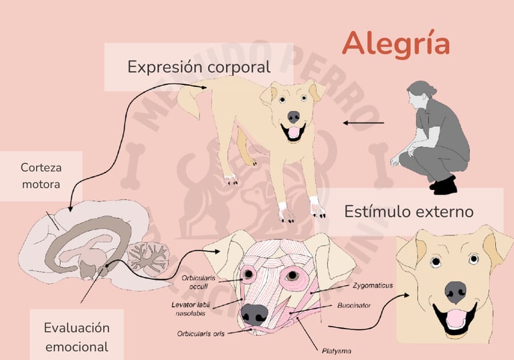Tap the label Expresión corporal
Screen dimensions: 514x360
[199, 67]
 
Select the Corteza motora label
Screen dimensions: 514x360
[41, 175]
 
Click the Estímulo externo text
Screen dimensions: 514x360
[409, 211]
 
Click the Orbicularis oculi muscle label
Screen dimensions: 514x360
[199, 281]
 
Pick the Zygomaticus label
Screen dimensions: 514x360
[372, 285]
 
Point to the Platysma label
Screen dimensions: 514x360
[336, 350]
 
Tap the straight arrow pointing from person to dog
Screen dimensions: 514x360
[363, 123]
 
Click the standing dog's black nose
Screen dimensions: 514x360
[293, 116]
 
